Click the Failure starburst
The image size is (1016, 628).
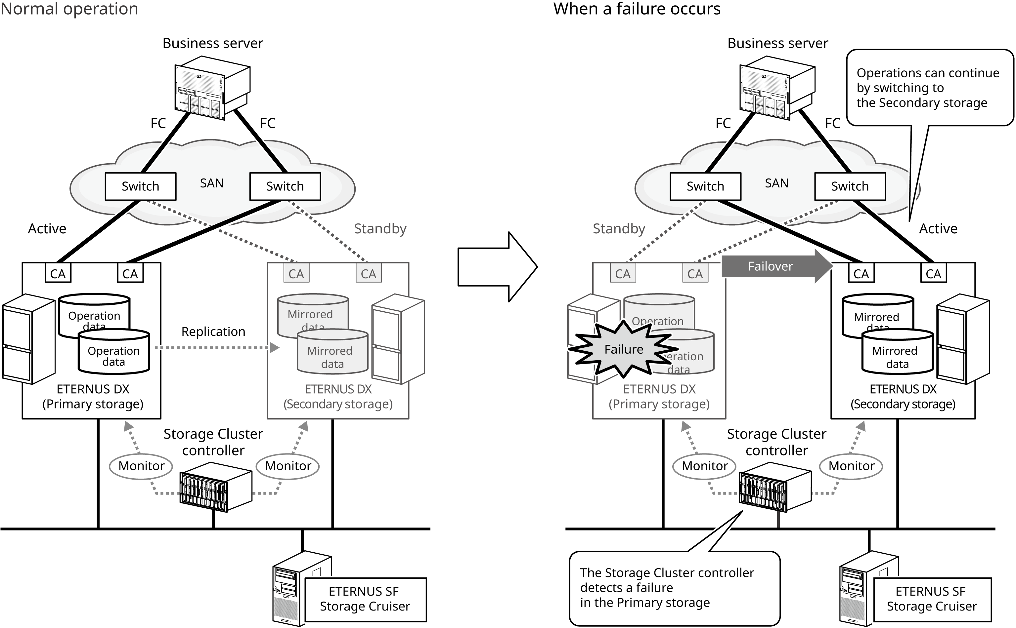click(624, 349)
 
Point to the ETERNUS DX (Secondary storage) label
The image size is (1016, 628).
click(338, 397)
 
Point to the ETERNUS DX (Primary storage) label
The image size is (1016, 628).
click(659, 397)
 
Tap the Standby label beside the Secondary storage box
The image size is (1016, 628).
click(380, 228)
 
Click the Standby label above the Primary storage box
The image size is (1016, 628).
click(619, 228)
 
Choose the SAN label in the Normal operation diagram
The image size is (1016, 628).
click(212, 183)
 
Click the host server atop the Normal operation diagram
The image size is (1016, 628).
click(212, 88)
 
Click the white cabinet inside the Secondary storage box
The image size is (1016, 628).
click(398, 338)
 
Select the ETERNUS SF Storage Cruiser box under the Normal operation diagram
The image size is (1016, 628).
click(366, 599)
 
